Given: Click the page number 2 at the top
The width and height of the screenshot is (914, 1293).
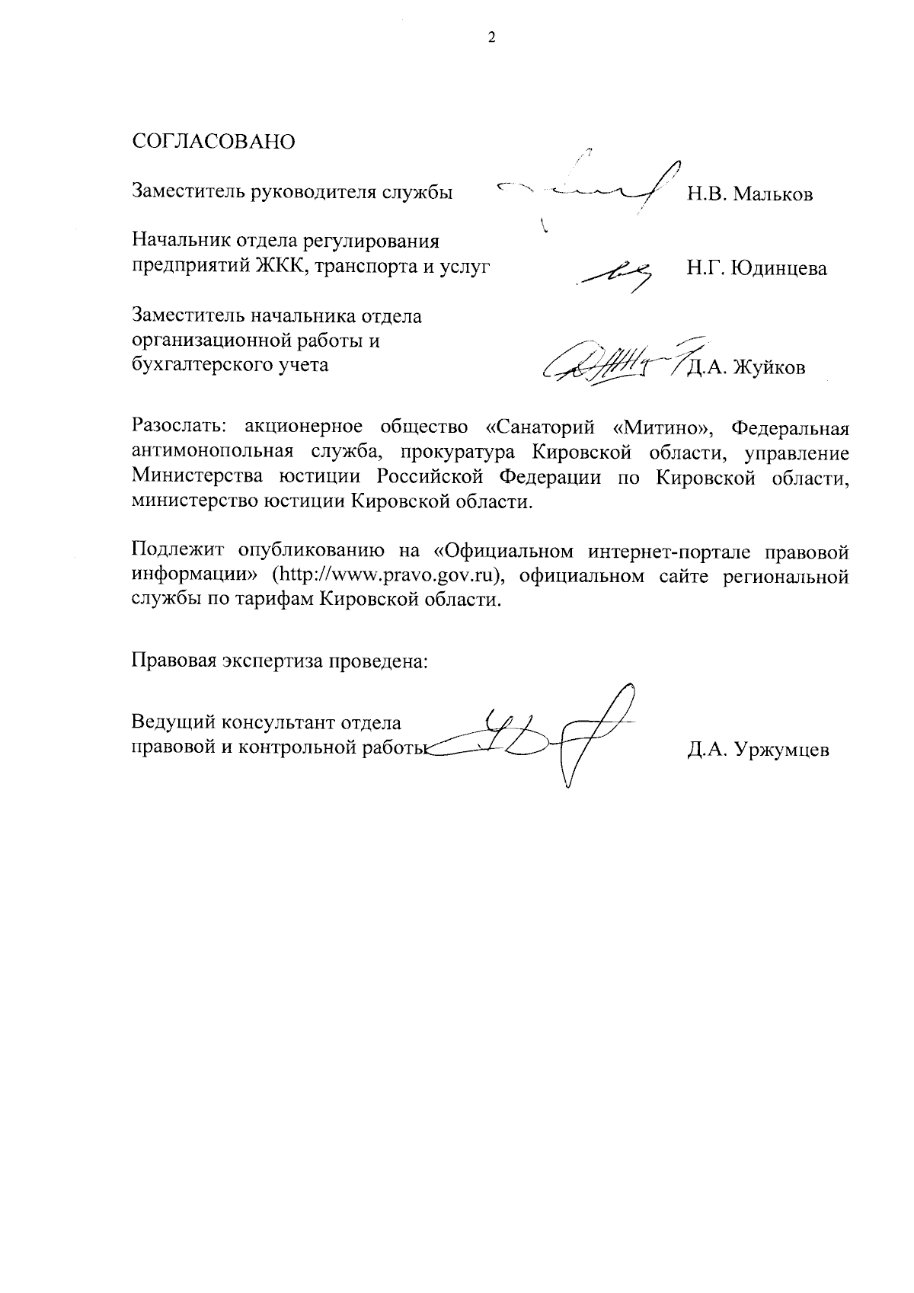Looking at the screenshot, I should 491,37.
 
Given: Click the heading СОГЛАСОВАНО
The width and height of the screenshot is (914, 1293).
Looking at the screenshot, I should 213,142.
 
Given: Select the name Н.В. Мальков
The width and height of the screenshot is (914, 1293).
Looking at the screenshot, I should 750,194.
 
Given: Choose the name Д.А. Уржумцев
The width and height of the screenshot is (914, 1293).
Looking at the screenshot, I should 757,751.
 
